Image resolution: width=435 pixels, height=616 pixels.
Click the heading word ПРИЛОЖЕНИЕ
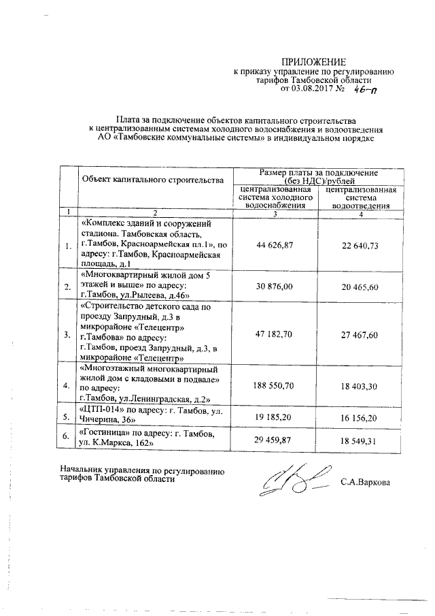(x=314, y=61)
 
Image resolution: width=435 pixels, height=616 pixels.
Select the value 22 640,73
(x=361, y=245)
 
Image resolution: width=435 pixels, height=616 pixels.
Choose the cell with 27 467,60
(x=361, y=336)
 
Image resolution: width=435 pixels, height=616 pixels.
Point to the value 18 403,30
(x=361, y=385)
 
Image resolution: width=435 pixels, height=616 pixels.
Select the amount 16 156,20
(x=361, y=414)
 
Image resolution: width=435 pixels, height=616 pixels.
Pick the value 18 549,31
(x=361, y=441)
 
